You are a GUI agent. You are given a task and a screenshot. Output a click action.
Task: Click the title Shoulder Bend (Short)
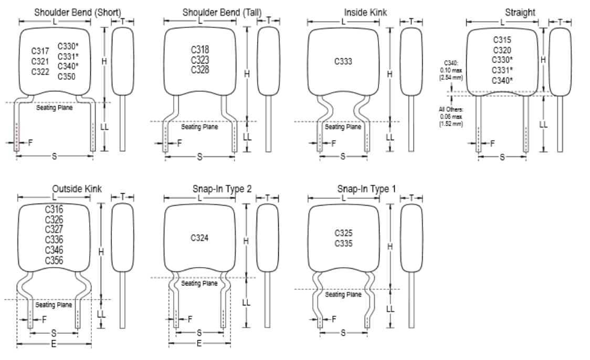(77, 12)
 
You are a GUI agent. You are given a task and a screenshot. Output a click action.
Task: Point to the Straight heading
(520, 12)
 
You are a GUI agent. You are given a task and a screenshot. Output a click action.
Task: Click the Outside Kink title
(77, 188)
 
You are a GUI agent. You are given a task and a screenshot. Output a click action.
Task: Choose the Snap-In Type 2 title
(222, 188)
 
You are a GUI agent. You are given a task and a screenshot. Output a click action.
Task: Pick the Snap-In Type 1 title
(366, 188)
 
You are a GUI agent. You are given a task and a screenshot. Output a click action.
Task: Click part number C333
(343, 61)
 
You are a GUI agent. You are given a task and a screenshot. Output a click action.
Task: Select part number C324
(199, 238)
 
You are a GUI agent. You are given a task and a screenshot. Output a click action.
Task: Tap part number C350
(67, 77)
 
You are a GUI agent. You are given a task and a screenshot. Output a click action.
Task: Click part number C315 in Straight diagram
(502, 40)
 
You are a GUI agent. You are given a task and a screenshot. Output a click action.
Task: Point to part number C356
(54, 260)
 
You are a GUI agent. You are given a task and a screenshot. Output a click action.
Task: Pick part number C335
(343, 243)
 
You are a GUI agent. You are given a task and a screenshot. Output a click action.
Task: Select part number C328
(199, 70)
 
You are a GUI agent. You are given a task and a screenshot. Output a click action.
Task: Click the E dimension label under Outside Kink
(54, 344)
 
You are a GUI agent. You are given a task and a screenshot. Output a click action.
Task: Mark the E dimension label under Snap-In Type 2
(199, 343)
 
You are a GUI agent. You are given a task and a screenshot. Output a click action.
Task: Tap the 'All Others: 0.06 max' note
(450, 117)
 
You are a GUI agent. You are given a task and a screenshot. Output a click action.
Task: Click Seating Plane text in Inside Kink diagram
(343, 127)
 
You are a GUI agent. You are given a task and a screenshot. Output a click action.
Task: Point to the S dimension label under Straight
(502, 157)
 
